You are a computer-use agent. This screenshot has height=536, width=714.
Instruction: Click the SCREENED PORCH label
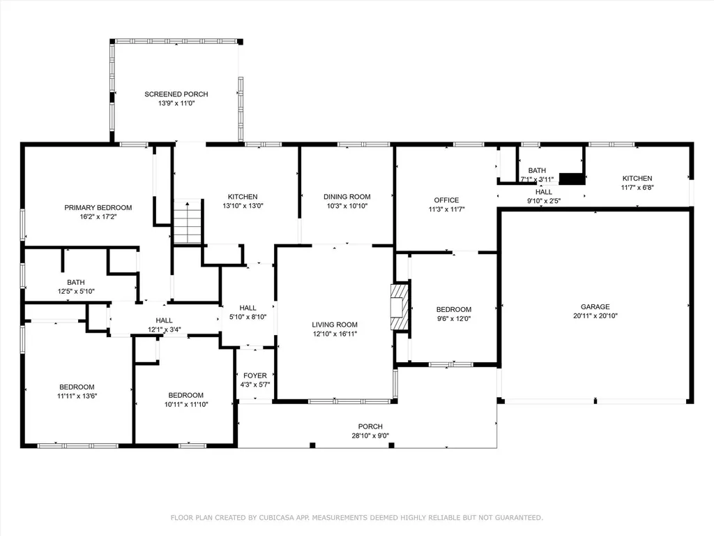point(176,94)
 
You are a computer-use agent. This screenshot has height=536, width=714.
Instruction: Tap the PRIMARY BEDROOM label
point(98,208)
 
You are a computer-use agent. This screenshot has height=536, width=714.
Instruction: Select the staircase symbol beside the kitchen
point(188,221)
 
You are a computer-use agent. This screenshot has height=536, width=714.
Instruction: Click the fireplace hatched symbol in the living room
point(400,307)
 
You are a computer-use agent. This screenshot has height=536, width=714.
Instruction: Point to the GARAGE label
point(595,307)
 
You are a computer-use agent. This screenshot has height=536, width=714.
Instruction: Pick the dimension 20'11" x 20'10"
point(595,316)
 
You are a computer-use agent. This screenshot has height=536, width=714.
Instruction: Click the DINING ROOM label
point(347,197)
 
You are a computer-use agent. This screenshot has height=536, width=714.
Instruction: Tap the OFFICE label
point(446,200)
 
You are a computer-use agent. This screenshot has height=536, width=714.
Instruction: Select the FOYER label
point(255,375)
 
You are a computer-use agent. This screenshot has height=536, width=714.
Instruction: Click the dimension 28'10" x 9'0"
point(370,435)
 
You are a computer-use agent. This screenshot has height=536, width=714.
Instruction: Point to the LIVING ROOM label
point(335,325)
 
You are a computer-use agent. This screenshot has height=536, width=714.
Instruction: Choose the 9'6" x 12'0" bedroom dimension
point(453,318)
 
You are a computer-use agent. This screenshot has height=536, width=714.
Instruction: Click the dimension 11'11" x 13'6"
point(77,396)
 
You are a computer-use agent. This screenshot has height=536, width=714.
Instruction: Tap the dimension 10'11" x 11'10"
point(185,404)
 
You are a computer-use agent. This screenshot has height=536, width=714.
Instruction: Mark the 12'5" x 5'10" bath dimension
point(76,291)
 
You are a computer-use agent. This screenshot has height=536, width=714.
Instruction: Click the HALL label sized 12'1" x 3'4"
point(164,320)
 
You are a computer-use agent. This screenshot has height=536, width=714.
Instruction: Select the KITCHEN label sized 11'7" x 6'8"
point(637,178)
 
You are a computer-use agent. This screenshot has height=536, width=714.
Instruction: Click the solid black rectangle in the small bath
point(572,179)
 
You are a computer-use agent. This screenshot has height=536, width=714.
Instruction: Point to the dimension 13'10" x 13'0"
point(243,206)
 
